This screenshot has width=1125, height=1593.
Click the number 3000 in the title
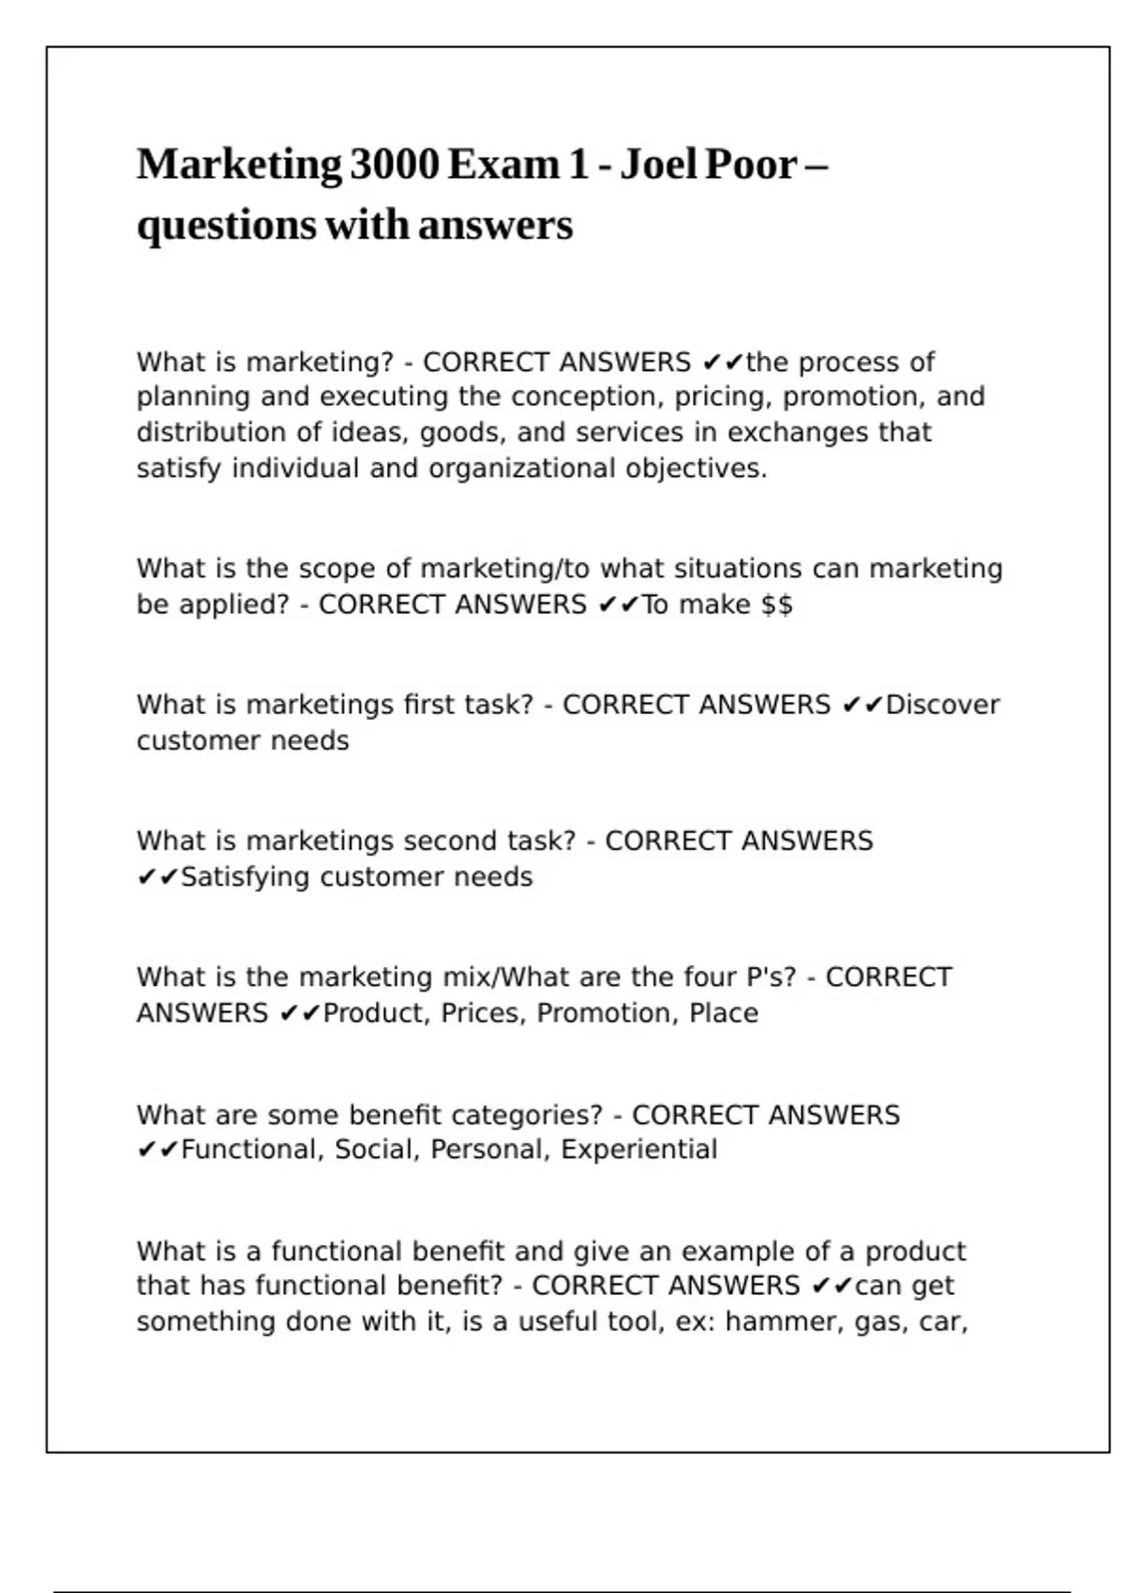[x=395, y=165]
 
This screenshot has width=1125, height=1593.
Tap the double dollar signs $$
[x=777, y=605]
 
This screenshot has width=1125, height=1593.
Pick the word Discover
[x=942, y=705]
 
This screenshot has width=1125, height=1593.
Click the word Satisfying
[x=245, y=877]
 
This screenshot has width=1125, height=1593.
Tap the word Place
[x=723, y=1014]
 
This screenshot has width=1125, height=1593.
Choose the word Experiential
[x=638, y=1150]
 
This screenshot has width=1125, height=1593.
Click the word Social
[x=376, y=1150]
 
